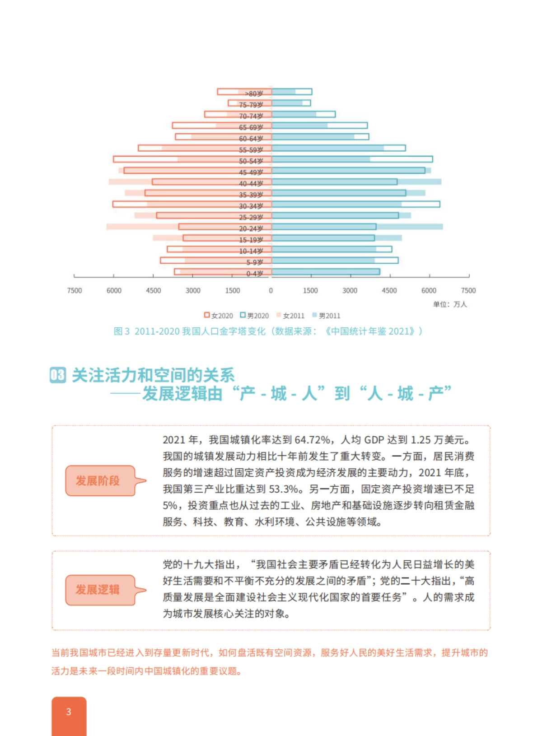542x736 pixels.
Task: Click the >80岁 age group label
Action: [253, 93]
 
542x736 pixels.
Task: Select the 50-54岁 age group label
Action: [251, 161]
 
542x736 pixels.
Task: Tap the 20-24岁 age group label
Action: [251, 229]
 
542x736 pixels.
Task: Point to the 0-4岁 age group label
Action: [254, 274]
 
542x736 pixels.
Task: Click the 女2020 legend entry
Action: [219, 316]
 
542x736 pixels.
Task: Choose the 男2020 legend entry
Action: [255, 316]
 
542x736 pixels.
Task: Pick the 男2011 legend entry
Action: [326, 316]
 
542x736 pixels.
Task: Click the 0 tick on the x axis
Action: [271, 291]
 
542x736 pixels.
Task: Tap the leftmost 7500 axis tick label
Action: [75, 291]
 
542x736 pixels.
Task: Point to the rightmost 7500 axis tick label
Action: [468, 291]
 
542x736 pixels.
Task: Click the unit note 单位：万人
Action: [450, 304]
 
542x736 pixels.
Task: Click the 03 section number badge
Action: [58, 375]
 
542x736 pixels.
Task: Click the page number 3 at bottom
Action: [69, 712]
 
